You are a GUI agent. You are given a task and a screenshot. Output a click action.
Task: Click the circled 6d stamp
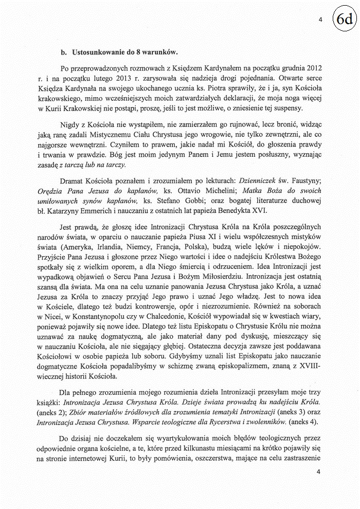click(345, 20)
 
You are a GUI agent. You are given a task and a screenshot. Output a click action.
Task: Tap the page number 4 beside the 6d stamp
click(320, 20)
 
